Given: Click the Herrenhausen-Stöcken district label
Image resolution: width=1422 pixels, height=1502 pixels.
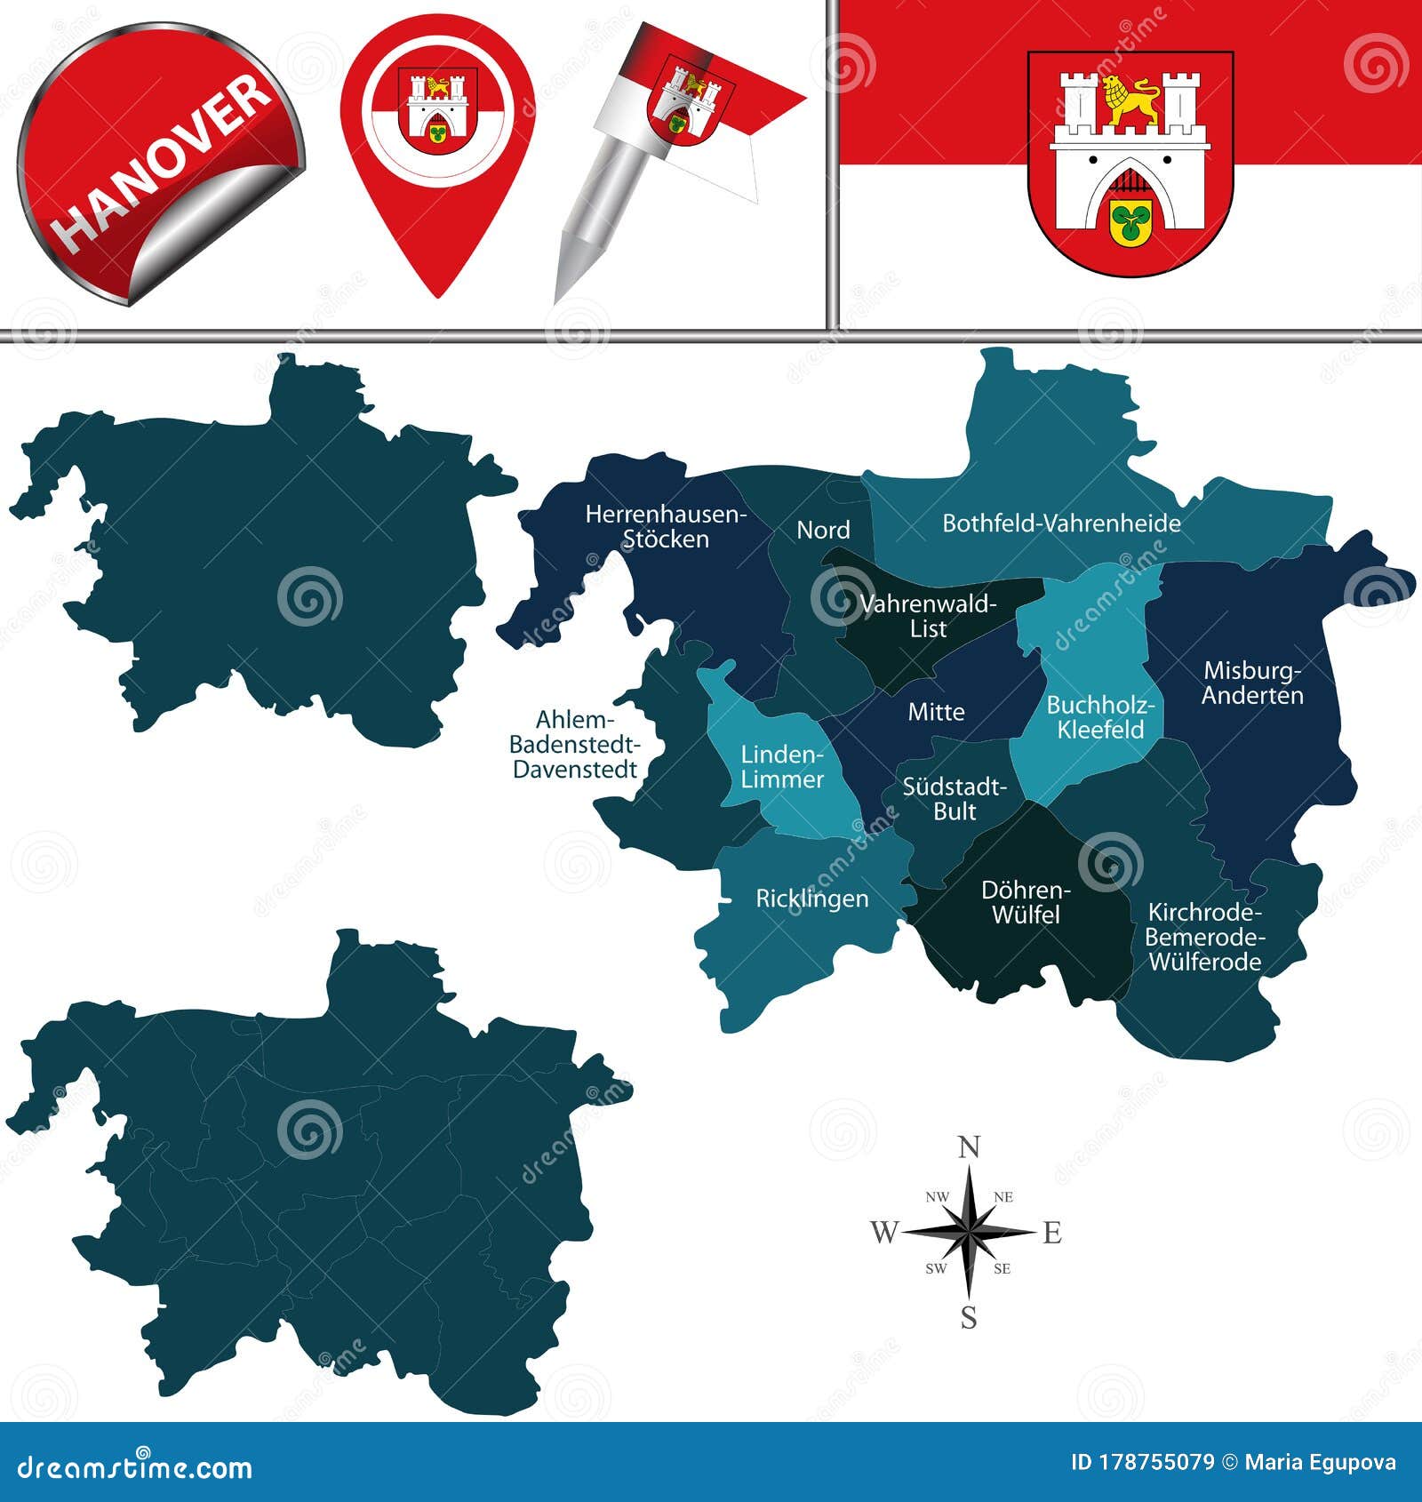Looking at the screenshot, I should pos(666,526).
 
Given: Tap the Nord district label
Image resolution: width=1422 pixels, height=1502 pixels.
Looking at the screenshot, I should pos(823,530).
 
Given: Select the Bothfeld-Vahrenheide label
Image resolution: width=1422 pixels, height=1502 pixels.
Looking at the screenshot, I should pos(1061,523).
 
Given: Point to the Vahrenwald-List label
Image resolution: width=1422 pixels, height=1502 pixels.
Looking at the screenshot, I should pos(928,616).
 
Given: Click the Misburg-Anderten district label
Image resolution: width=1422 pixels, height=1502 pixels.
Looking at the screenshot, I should pos(1252,683).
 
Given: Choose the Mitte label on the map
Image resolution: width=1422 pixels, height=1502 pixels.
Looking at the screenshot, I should pos(936,712).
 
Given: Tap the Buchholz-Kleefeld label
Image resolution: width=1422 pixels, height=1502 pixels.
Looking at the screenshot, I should pos(1100,717).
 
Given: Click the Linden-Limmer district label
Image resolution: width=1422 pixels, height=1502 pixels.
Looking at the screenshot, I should pos(782,767).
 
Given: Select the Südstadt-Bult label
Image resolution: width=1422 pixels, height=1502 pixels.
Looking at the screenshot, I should pos(955,798).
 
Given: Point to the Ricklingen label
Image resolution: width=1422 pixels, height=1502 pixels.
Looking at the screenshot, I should pos(811,899).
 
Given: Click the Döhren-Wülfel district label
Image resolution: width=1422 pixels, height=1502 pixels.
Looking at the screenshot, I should pos(1026,902).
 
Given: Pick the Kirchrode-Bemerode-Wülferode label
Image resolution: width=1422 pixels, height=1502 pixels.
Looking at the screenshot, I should pos(1204,937).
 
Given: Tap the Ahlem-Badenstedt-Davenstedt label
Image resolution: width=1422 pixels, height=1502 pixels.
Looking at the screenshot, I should pos(575,745).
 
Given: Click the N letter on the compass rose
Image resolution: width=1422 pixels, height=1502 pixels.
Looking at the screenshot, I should pos(969,1147).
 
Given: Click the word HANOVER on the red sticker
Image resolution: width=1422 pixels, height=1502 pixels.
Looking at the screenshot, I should pos(163,162).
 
